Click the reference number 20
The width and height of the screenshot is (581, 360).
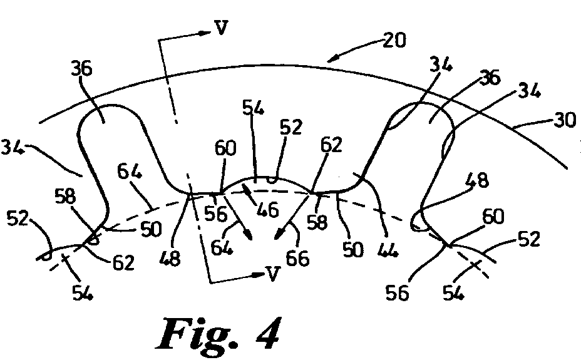click(394, 40)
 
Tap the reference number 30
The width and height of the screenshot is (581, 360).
click(565, 120)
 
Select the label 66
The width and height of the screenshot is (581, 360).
click(297, 258)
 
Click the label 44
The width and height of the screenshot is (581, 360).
click(388, 250)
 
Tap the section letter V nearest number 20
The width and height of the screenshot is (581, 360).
click(221, 28)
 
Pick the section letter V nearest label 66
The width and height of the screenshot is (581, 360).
click(273, 274)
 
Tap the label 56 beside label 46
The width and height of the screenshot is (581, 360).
click(216, 213)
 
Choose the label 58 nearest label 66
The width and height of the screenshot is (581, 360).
click(317, 222)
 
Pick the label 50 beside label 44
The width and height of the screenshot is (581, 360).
click(352, 250)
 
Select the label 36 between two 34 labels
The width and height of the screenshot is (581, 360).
click(490, 78)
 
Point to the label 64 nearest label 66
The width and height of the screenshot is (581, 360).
click(222, 248)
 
